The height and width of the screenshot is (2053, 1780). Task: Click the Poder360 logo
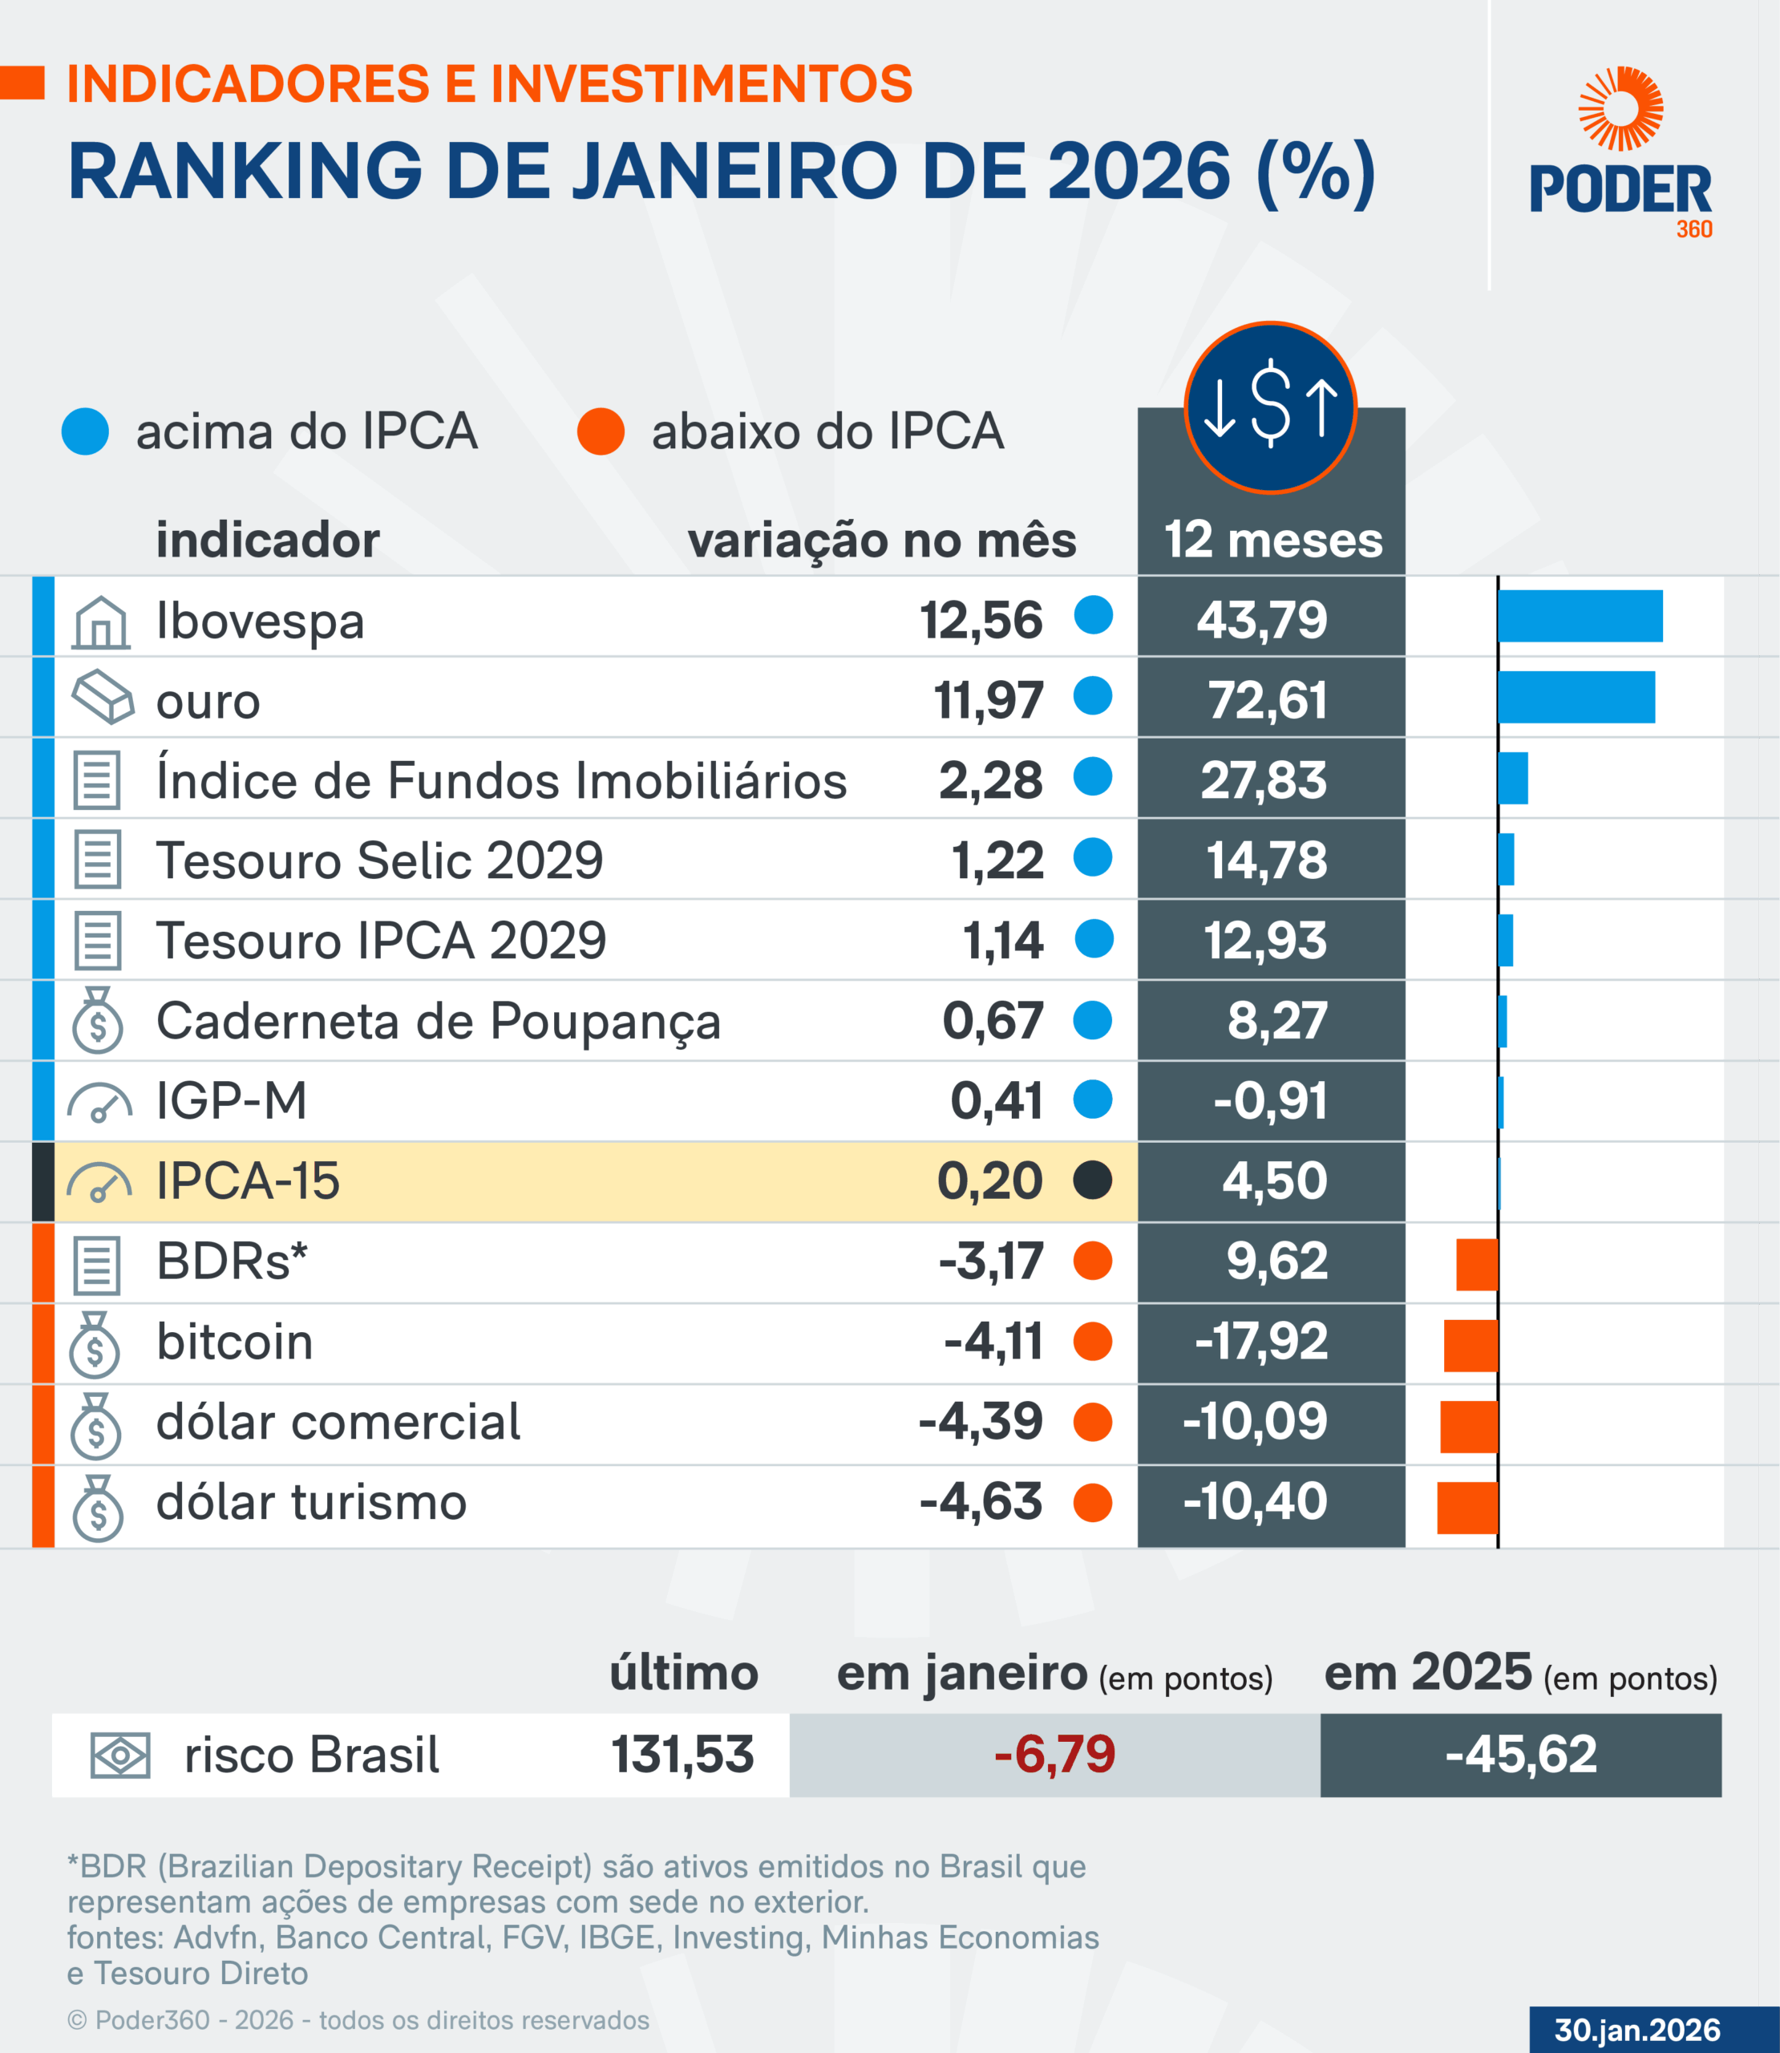tap(1620, 153)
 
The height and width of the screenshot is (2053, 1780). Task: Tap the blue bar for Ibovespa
tap(1580, 617)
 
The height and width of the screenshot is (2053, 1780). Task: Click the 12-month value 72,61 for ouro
tap(1268, 700)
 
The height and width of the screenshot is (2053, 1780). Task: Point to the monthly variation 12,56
tap(981, 621)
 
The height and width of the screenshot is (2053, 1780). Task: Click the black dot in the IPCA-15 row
tap(1093, 1180)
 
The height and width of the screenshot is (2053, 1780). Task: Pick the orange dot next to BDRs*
tap(1093, 1261)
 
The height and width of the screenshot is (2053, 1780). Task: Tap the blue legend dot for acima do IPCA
tap(86, 432)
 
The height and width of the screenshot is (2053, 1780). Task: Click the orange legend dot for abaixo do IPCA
tap(601, 432)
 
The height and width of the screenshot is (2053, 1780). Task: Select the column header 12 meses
tap(1272, 541)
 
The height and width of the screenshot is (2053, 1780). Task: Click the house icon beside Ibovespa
tap(100, 623)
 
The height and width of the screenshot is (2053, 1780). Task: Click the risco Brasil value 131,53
tap(682, 1754)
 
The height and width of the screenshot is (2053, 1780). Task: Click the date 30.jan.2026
tap(1637, 2029)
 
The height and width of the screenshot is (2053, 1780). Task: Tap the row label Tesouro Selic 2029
tap(379, 860)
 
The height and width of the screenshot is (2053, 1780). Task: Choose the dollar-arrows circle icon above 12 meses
tap(1270, 407)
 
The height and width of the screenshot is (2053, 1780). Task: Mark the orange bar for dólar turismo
tap(1467, 1507)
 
